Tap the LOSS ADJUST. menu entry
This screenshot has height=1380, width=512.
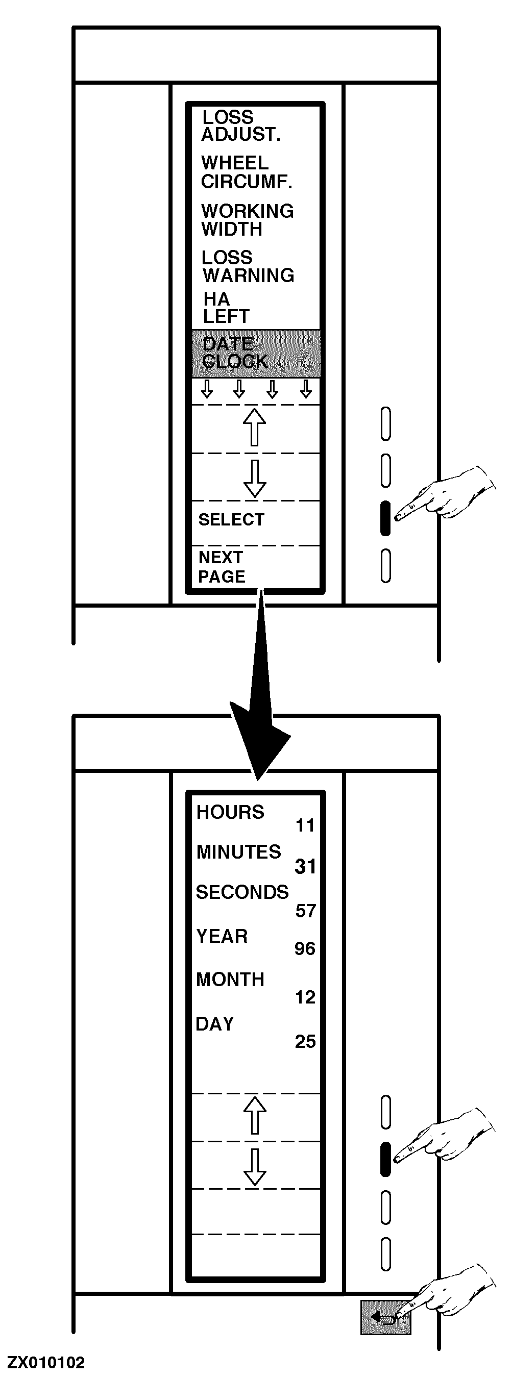pos(240,126)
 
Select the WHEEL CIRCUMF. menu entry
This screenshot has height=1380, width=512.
pos(246,172)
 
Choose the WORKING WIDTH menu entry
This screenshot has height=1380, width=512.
pos(247,220)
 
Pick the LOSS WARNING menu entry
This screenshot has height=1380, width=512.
pos(248,266)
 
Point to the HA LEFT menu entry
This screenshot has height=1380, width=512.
pos(226,308)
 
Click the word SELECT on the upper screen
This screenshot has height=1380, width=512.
pos(231,519)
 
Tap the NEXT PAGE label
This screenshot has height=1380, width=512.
pos(222,567)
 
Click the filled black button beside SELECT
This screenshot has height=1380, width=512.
pos(385,518)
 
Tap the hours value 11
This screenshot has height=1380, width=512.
pos(305,825)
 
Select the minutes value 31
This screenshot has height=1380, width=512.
pos(305,866)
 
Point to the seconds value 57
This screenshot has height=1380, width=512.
pos(305,911)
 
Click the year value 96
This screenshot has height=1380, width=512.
pos(305,949)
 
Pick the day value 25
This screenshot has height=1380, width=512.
pos(305,1041)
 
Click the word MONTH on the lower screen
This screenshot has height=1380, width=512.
pos(230,980)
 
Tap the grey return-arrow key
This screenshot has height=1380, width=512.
pos(385,1316)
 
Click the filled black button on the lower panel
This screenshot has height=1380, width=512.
pos(385,1159)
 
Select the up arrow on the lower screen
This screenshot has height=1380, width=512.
pos(255,1115)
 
